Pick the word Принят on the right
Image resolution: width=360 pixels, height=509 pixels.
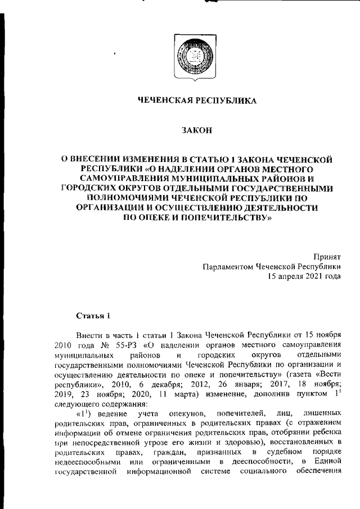327,256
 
